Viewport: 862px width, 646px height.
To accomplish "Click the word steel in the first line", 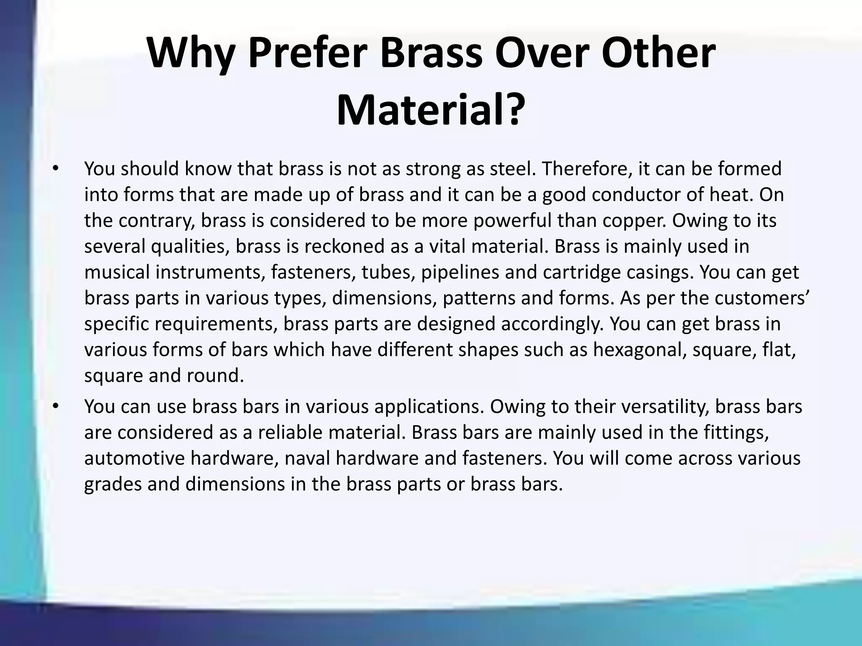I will click(x=513, y=169).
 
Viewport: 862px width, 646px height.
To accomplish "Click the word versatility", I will click(x=667, y=407).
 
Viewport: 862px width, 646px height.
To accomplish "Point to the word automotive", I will click(x=134, y=458).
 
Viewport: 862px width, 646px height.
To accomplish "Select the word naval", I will click(x=307, y=458).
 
